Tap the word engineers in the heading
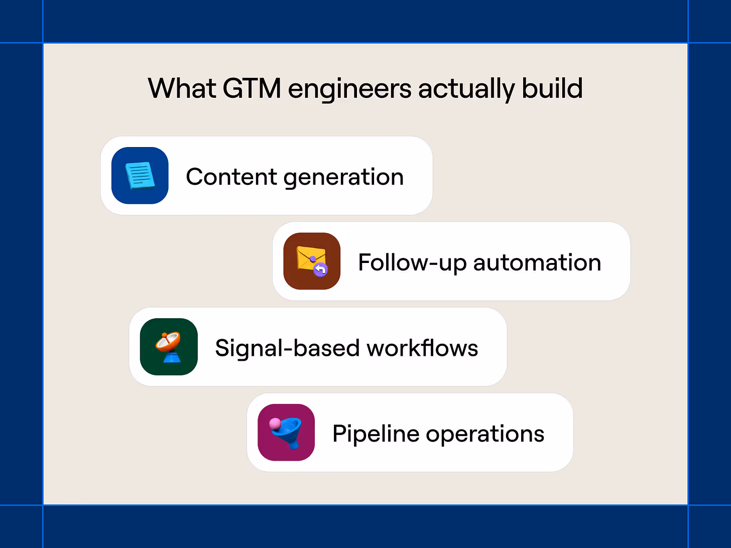click(x=349, y=89)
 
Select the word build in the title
click(x=552, y=89)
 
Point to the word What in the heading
click(x=182, y=89)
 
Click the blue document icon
click(x=140, y=176)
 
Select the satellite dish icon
click(x=168, y=342)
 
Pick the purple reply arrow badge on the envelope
click(x=320, y=269)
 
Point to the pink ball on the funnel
click(x=275, y=425)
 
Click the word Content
click(x=231, y=177)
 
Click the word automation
click(x=537, y=263)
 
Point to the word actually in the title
click(x=466, y=89)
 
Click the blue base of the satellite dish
click(x=172, y=357)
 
